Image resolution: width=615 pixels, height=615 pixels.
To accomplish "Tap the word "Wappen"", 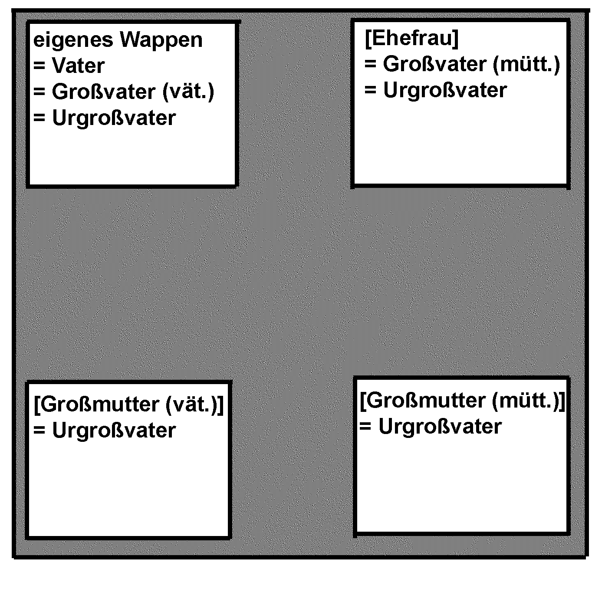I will (x=161, y=40).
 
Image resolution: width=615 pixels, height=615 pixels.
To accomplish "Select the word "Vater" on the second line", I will (x=78, y=66).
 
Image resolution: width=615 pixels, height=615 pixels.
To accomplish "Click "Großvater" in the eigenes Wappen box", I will (x=104, y=92).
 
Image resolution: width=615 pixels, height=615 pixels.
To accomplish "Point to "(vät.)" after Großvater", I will (x=188, y=92).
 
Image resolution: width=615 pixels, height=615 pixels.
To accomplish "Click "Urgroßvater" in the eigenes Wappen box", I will (x=114, y=118).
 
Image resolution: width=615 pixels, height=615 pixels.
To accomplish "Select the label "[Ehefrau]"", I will (x=411, y=38).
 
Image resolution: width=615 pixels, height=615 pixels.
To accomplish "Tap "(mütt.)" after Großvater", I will (x=526, y=64).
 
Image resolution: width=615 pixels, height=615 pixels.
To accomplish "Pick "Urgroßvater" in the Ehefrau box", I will (x=445, y=90).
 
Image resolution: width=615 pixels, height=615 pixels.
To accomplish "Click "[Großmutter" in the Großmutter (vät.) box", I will (x=96, y=405).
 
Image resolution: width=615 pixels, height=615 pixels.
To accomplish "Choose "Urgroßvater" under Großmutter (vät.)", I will (x=114, y=431).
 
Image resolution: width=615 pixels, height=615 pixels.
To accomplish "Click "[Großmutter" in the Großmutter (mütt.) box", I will (x=423, y=401).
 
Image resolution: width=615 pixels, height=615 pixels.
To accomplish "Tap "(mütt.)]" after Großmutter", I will (x=529, y=401).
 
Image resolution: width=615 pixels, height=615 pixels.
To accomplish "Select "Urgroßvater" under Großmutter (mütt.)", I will (x=440, y=427).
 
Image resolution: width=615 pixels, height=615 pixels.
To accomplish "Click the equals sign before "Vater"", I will (x=39, y=66).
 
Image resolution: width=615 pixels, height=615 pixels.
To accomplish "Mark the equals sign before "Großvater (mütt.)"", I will (x=370, y=64).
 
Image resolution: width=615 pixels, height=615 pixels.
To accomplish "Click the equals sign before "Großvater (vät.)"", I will (x=39, y=92).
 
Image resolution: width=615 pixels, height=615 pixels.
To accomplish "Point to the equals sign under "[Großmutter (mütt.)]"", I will (x=365, y=427).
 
